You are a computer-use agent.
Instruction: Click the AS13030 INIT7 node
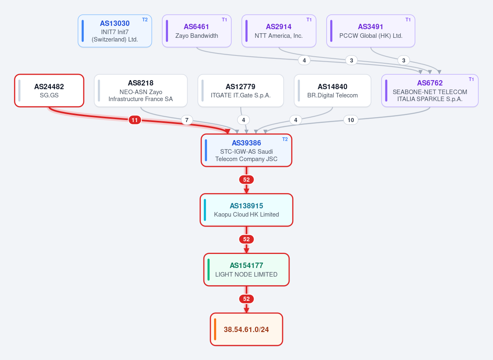tap(115, 31)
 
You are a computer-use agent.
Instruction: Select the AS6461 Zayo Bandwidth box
tap(196, 31)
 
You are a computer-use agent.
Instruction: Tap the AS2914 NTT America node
tap(279, 31)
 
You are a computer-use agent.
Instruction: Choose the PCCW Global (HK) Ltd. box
tap(371, 31)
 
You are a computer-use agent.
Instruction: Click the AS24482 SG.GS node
tap(49, 90)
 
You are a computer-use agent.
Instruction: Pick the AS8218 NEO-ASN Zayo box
tap(141, 90)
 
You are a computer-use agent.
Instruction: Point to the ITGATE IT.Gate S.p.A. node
tap(241, 90)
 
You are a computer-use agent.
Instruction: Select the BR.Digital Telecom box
tap(332, 90)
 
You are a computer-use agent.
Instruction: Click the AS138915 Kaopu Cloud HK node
tap(246, 210)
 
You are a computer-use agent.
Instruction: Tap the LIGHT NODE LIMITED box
tap(246, 270)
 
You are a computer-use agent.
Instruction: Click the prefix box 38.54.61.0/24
tap(246, 329)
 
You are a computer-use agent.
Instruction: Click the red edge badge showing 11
tap(135, 120)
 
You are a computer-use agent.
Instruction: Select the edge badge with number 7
tap(187, 120)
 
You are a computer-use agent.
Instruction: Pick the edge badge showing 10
tap(351, 120)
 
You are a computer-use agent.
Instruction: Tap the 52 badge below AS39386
tap(246, 180)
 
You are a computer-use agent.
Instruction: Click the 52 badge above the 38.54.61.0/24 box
tap(246, 299)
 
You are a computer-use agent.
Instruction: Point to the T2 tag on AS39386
tap(285, 139)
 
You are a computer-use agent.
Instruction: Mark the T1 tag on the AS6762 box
tap(471, 79)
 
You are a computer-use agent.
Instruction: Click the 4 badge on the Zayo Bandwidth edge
tap(304, 60)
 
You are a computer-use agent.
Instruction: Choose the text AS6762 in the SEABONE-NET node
tap(430, 83)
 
